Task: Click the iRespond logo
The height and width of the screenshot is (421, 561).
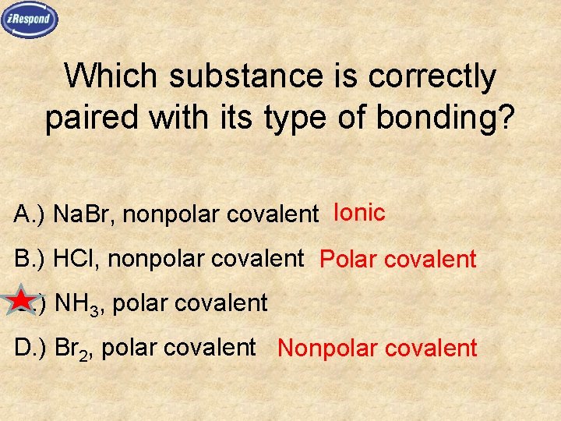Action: point(30,19)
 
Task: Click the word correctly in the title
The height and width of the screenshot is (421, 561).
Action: point(432,76)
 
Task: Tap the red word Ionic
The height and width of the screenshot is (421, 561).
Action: point(359,212)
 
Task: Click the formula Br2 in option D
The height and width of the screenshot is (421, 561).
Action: point(74,347)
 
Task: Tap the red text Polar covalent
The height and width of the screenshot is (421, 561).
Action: point(397,259)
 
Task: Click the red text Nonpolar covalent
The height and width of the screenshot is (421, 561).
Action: point(377,348)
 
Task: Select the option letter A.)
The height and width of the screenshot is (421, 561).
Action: point(30,214)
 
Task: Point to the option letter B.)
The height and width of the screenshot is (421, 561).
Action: point(30,258)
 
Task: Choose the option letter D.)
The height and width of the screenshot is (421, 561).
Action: point(31,347)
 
